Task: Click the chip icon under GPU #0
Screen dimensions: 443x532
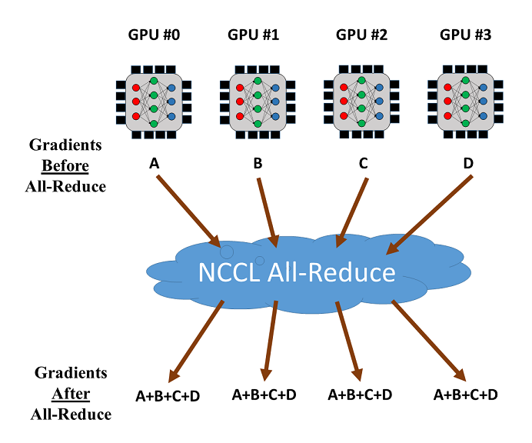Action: point(154,101)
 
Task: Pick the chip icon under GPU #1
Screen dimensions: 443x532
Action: point(258,101)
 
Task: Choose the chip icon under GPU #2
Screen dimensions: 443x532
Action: point(361,101)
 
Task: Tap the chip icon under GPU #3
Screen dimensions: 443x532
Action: point(465,101)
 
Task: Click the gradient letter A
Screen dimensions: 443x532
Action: point(153,163)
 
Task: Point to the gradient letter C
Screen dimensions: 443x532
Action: point(364,164)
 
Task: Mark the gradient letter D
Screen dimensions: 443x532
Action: point(469,164)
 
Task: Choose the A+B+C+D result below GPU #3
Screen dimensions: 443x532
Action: point(466,395)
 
